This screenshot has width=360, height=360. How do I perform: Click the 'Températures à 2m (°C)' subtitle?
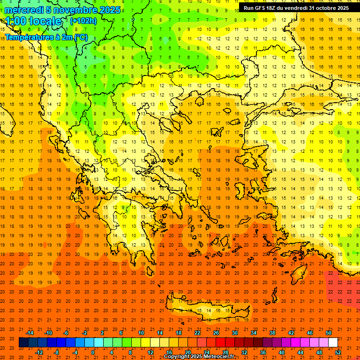click(x=46, y=37)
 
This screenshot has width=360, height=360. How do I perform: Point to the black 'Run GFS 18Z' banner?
click(x=296, y=8)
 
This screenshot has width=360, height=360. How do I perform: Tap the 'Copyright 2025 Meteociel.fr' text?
click(x=199, y=356)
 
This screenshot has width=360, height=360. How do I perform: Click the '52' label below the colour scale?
click(x=338, y=352)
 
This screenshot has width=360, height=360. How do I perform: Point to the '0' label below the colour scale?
click(x=93, y=352)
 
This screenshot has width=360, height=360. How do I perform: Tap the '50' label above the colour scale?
click(x=329, y=333)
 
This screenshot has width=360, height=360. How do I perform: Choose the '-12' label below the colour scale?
click(x=39, y=352)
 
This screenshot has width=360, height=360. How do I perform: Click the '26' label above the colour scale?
click(x=216, y=333)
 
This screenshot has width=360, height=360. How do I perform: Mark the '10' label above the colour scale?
click(x=141, y=333)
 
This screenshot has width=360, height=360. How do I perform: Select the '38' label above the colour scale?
click(x=272, y=333)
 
